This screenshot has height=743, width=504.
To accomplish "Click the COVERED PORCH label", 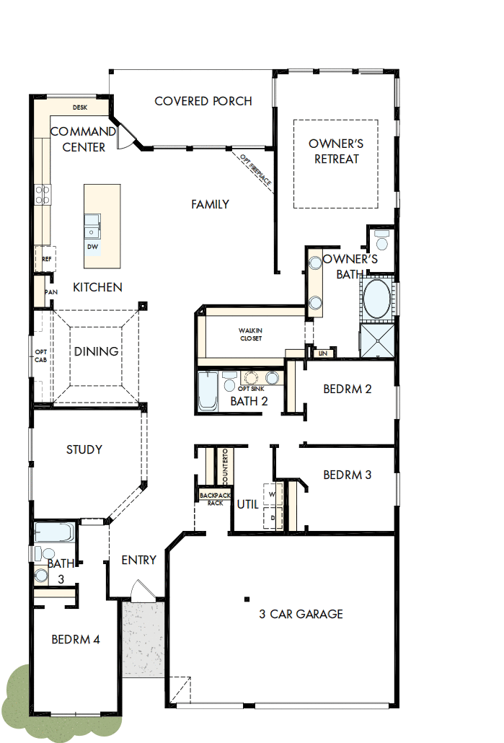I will [203, 101].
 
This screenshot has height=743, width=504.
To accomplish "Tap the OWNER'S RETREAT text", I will [336, 151].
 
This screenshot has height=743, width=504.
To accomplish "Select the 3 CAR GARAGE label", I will [301, 615].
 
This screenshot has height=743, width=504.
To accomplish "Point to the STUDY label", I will [84, 449].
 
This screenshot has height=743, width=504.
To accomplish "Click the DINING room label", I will [96, 352].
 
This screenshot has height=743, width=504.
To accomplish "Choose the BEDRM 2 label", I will [348, 389].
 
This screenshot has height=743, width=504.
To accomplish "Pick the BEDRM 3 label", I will [348, 475].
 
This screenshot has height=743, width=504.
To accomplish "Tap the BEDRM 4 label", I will [76, 639].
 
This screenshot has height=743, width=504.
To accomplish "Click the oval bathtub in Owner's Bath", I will [377, 299].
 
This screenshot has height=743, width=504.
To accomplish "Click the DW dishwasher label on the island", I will [92, 247].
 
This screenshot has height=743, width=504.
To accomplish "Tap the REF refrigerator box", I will [46, 258].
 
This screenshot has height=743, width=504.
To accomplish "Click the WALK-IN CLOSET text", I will [250, 335].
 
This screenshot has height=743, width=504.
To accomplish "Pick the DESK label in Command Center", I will [79, 107].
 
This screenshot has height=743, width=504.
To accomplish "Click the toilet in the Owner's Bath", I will [381, 237].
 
